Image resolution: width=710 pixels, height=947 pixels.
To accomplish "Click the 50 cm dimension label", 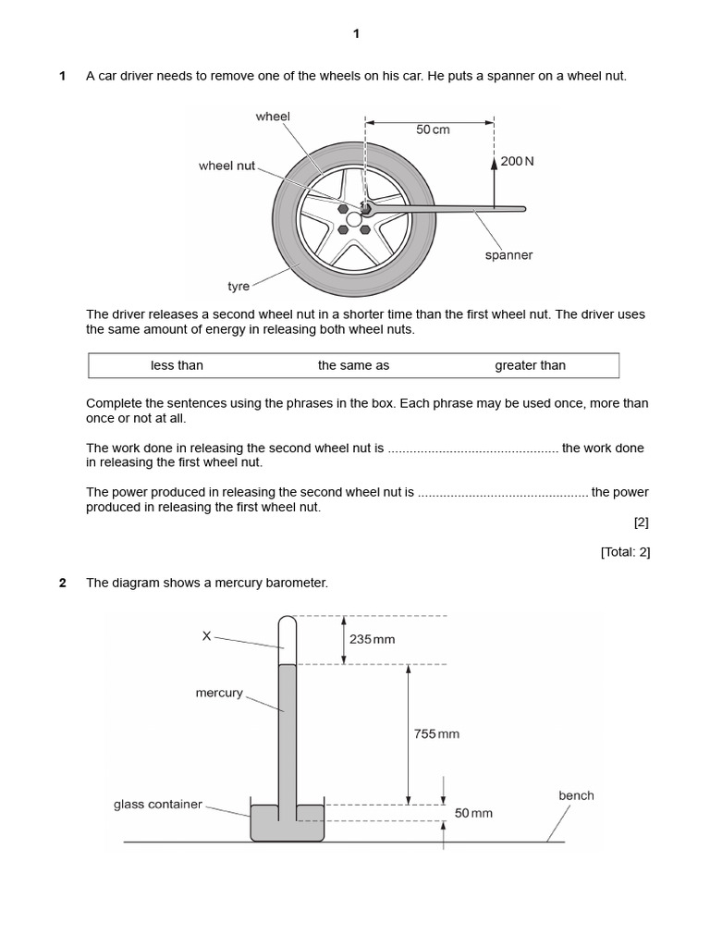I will [x=433, y=129].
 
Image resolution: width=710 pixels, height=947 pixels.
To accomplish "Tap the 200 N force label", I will [x=517, y=161].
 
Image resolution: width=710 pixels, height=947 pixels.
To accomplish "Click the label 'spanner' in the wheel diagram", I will [x=508, y=255].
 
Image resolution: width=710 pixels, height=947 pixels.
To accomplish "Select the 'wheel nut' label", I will [x=226, y=166].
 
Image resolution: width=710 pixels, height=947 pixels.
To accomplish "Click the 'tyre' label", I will [x=239, y=287].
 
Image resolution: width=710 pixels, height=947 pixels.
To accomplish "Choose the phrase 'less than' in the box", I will [x=177, y=365].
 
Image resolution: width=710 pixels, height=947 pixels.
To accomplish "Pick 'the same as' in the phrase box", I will [x=353, y=365].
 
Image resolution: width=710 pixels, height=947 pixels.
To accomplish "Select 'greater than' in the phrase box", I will [x=530, y=365].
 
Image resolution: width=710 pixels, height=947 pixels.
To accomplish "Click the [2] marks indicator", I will [x=641, y=522].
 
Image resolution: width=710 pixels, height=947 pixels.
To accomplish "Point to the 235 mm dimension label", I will [x=373, y=639].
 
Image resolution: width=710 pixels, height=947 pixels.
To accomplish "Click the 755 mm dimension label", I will [x=436, y=734].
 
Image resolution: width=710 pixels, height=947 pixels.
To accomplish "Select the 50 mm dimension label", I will [x=473, y=813].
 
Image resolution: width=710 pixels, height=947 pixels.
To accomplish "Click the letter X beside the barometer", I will [x=206, y=635].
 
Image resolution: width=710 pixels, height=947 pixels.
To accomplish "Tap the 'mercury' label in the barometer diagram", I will [x=219, y=693].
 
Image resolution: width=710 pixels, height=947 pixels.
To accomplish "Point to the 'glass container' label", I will [x=157, y=805].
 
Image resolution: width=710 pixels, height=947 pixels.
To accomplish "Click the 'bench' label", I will [x=576, y=795].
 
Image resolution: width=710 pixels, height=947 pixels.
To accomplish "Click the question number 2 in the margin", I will [x=63, y=583].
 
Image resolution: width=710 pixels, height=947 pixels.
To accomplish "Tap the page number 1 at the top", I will [x=356, y=34].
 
